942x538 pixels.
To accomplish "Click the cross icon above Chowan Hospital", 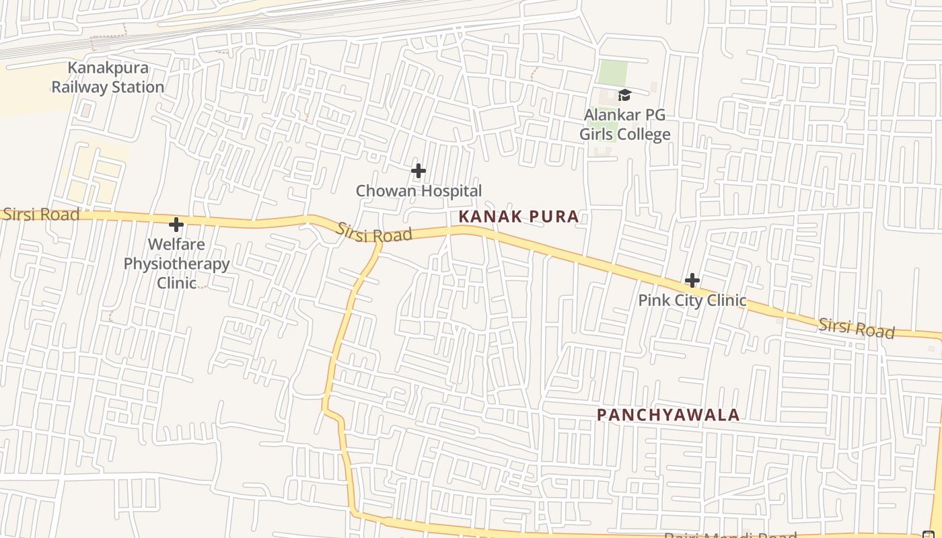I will [419, 171].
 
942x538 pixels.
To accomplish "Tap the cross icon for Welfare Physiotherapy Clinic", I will [176, 224].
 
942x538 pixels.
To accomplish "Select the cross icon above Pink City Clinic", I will [692, 280].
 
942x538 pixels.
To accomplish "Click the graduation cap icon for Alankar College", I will [624, 95].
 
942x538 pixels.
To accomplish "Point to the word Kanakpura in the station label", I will [108, 68].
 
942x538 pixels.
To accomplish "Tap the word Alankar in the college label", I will [614, 115].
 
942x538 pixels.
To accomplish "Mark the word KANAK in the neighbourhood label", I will [488, 217].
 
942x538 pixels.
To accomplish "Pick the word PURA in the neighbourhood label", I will [554, 217].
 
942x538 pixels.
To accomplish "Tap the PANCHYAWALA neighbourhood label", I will [668, 415].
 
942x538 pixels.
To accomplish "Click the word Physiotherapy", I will [176, 264].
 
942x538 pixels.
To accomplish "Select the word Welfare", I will [176, 244].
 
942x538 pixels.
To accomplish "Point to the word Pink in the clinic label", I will [653, 300].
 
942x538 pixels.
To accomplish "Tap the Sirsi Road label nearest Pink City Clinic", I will [856, 328].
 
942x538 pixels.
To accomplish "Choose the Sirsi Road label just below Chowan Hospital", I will [374, 233].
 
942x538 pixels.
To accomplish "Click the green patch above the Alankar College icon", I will [612, 73].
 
